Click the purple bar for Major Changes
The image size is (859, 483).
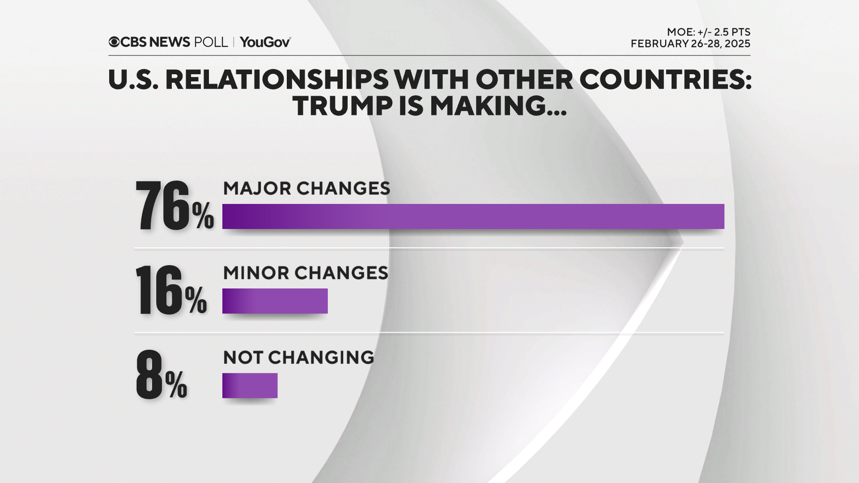tap(473, 216)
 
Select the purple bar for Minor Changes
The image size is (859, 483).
tap(275, 301)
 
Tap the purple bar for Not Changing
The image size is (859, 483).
tap(250, 386)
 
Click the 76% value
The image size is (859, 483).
tap(174, 206)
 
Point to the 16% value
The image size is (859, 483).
tap(171, 291)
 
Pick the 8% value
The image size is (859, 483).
tap(161, 375)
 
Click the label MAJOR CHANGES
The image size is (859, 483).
tap(306, 188)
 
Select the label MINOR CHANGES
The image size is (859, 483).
tap(306, 273)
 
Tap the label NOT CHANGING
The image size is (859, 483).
tap(298, 357)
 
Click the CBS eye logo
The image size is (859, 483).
tap(114, 42)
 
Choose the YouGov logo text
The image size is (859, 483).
tap(265, 42)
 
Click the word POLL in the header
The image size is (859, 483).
tap(211, 42)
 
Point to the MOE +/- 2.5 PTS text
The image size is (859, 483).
tap(708, 32)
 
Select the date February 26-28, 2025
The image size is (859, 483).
tap(690, 44)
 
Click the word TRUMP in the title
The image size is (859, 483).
tap(343, 106)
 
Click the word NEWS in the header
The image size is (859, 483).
tap(170, 42)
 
